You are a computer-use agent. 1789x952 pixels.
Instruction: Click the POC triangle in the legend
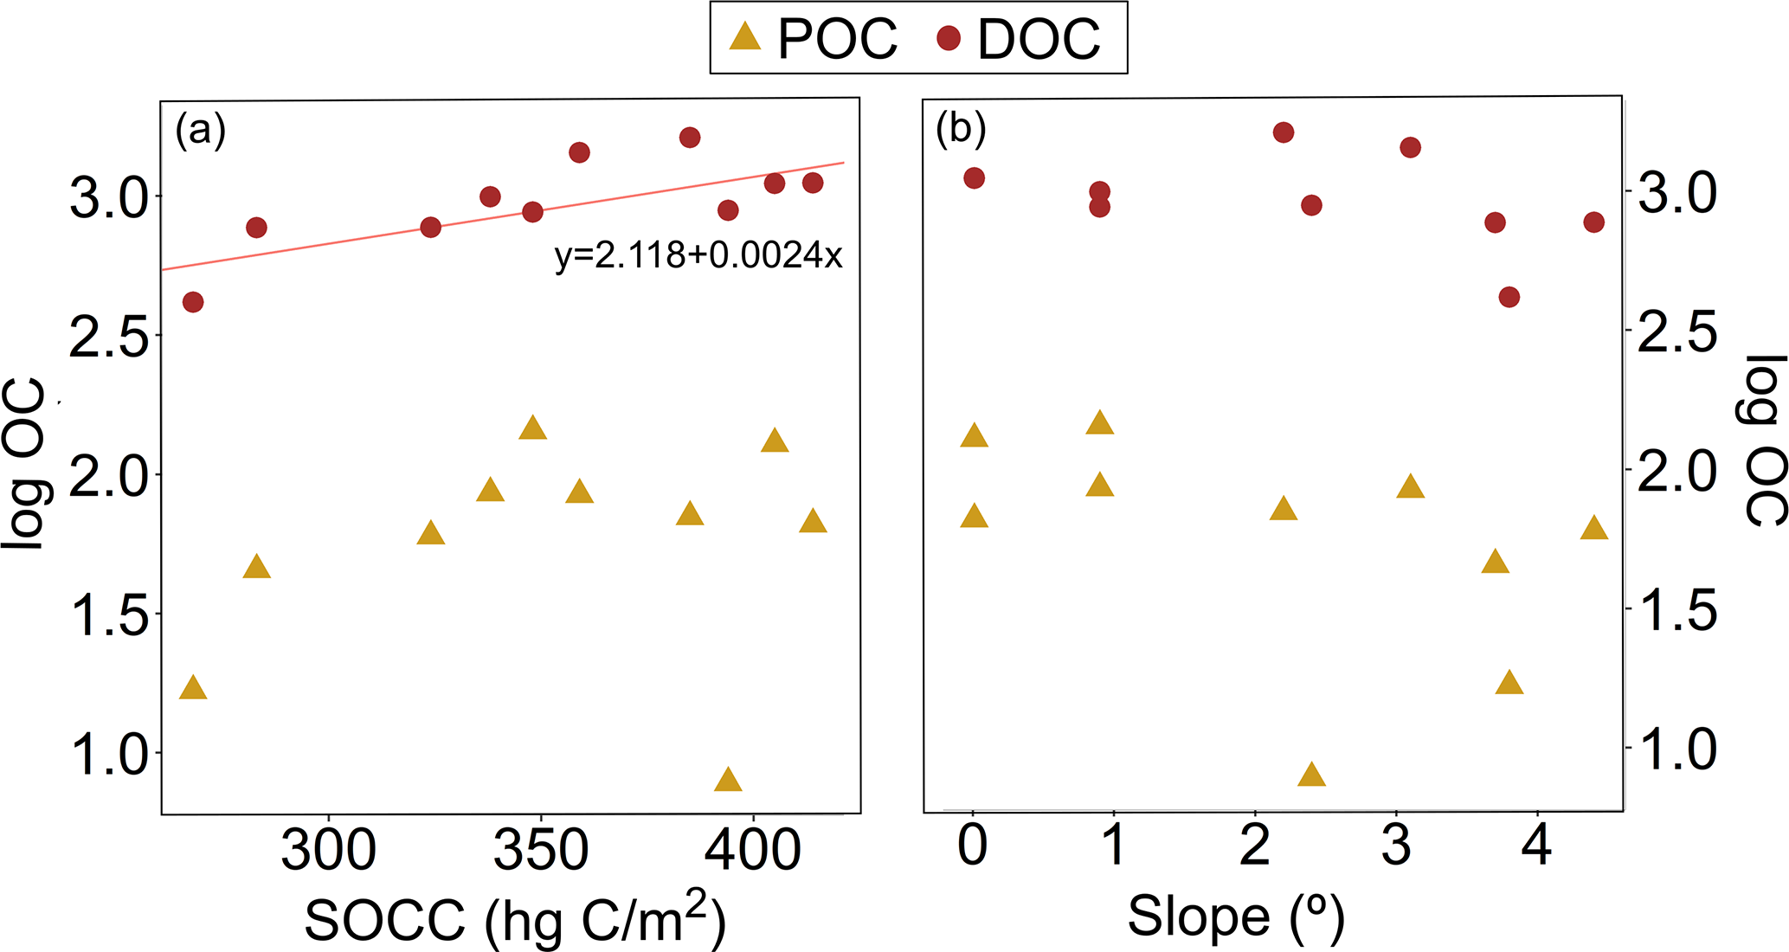tap(745, 37)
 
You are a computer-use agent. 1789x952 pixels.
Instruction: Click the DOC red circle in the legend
tap(949, 38)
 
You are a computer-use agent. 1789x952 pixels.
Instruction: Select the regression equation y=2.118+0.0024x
tap(698, 255)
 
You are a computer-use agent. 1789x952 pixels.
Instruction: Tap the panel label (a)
tap(200, 131)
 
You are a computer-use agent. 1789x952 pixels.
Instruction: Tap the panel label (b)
tap(961, 129)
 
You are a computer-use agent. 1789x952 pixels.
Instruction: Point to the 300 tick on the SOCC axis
tap(329, 850)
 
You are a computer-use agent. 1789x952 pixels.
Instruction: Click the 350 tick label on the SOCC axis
tap(541, 850)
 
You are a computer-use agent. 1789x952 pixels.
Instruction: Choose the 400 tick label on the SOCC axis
tap(753, 850)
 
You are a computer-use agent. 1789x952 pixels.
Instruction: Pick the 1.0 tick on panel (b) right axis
tap(1676, 749)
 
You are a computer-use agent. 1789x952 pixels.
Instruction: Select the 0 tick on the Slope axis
tap(973, 845)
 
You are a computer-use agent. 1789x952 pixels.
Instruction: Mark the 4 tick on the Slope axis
tap(1537, 845)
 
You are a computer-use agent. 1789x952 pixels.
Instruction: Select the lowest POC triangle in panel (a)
tap(728, 780)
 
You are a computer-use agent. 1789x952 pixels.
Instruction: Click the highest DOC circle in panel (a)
tap(690, 138)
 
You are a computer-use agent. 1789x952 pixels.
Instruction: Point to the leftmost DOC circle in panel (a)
tap(193, 302)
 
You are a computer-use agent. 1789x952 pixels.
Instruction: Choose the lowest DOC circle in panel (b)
tap(1509, 298)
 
